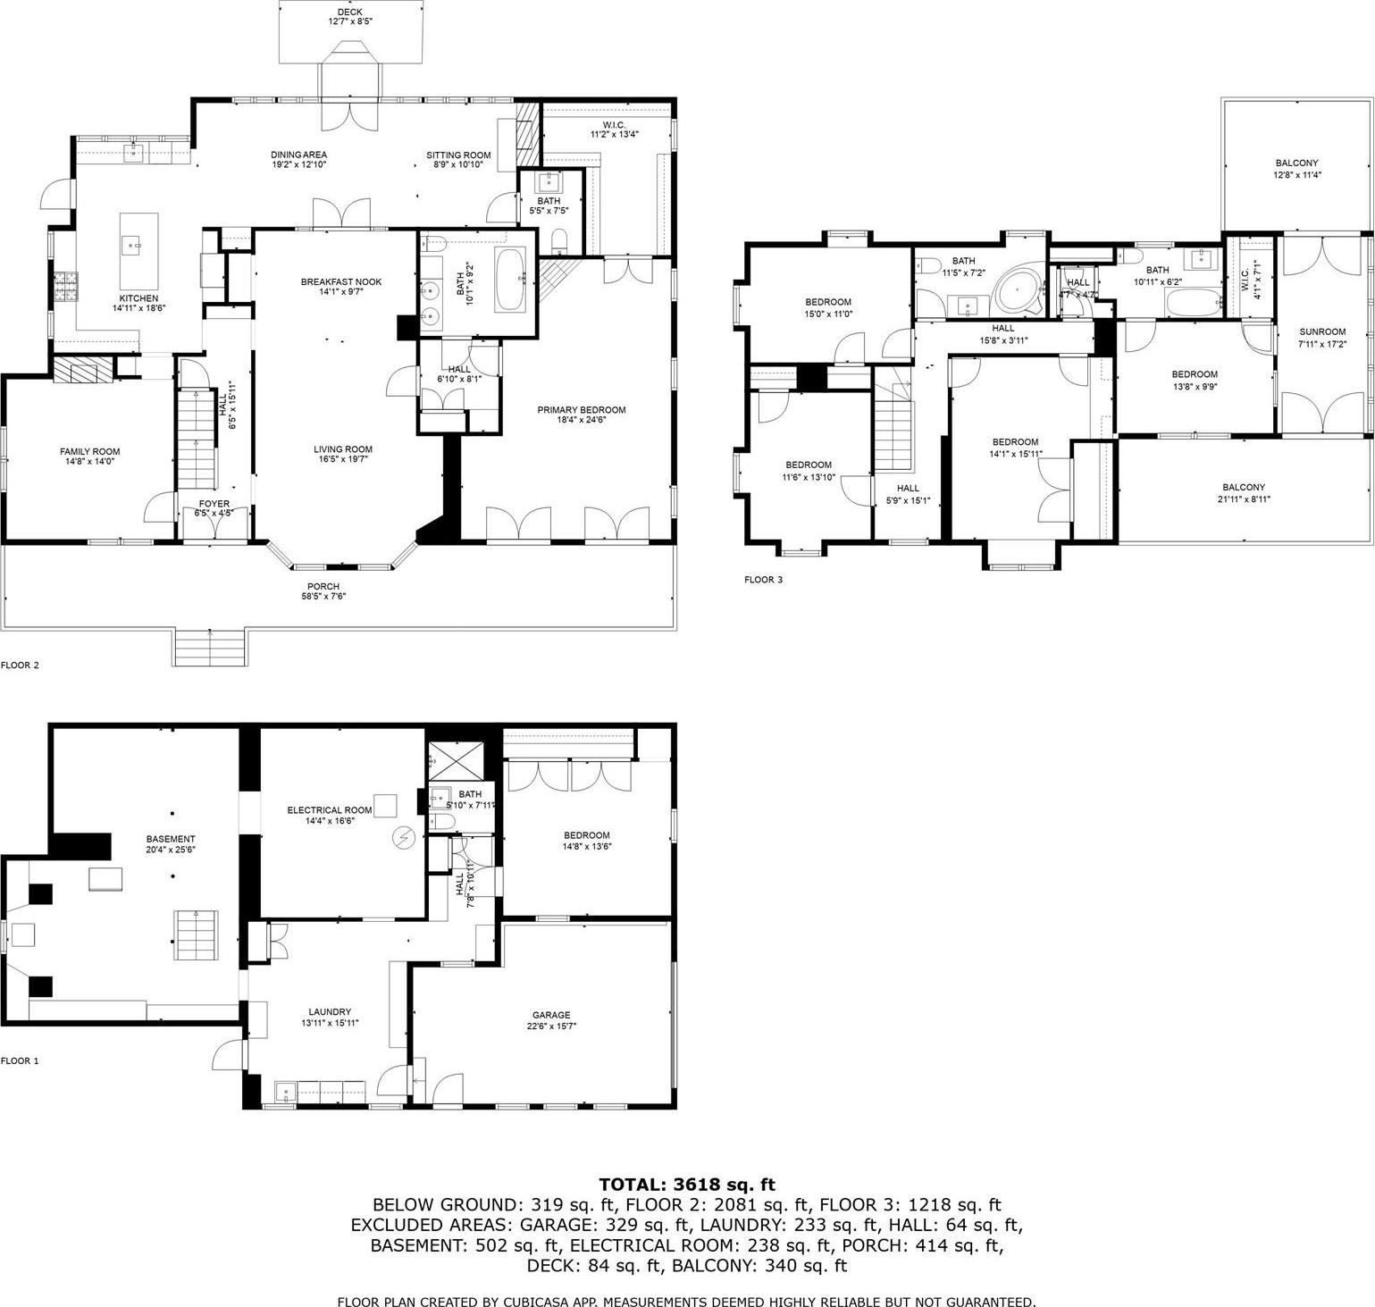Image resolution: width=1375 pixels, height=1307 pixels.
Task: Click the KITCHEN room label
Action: pyautogui.click(x=138, y=298)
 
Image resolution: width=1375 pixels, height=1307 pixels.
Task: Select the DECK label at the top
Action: pyautogui.click(x=349, y=12)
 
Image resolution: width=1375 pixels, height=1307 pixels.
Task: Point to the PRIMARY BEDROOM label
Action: pyautogui.click(x=581, y=410)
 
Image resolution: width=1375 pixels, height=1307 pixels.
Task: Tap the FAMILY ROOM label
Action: pyautogui.click(x=89, y=451)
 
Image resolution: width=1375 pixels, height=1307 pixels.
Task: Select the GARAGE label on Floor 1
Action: pyautogui.click(x=551, y=1015)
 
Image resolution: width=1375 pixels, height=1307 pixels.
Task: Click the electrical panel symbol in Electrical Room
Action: pyautogui.click(x=405, y=838)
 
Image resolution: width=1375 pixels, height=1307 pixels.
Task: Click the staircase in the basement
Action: pyautogui.click(x=195, y=934)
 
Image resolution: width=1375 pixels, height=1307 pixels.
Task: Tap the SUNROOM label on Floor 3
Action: pyautogui.click(x=1321, y=332)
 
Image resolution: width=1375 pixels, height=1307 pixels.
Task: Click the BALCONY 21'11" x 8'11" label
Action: pyautogui.click(x=1244, y=488)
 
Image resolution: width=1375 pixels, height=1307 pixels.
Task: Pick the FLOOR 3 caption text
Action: pyautogui.click(x=763, y=580)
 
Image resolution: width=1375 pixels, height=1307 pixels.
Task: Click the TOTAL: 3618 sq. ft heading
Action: pyautogui.click(x=687, y=1185)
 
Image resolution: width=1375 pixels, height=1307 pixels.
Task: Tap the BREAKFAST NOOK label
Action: pyautogui.click(x=340, y=282)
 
